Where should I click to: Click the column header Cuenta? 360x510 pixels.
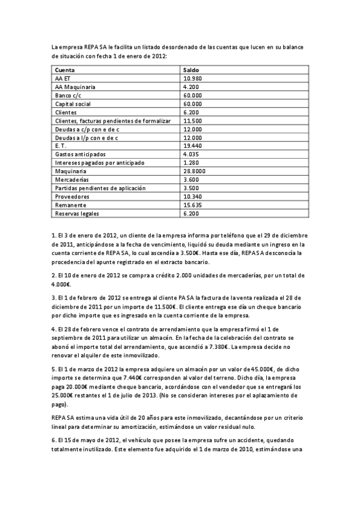click(x=65, y=70)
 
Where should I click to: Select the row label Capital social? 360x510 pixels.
click(x=73, y=104)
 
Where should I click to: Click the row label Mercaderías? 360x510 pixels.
click(x=72, y=180)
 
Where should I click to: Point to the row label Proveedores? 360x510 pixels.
click(x=72, y=197)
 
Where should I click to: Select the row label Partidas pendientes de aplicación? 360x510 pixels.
click(x=100, y=188)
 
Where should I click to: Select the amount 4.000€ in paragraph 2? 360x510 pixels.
click(x=61, y=284)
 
